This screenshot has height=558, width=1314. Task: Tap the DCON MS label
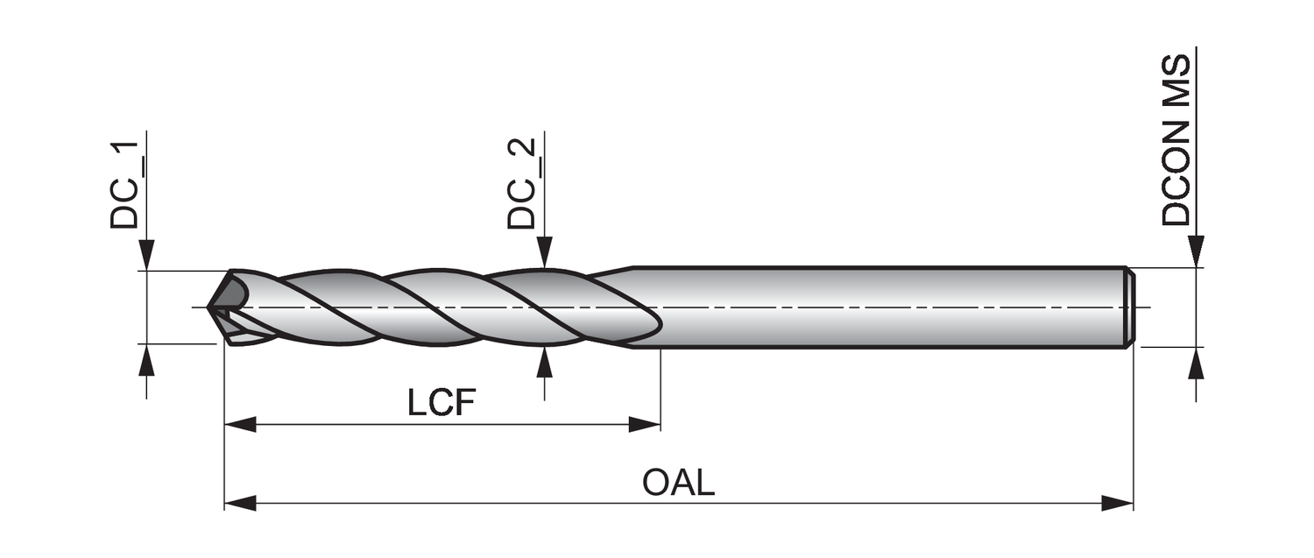click(1176, 140)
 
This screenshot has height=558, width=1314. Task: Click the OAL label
click(678, 483)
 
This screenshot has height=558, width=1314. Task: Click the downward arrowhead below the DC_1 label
click(146, 255)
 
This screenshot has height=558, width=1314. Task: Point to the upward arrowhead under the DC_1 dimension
click(146, 360)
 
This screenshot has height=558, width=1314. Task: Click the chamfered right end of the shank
click(1130, 307)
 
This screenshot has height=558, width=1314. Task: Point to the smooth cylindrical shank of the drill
click(876, 307)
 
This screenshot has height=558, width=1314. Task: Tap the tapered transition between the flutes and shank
click(613, 272)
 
